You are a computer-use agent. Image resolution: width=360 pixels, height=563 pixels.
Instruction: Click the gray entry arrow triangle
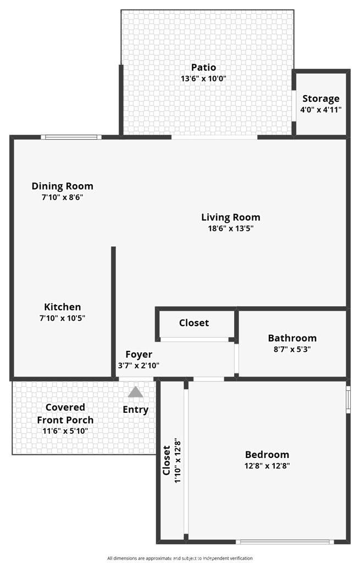(135, 391)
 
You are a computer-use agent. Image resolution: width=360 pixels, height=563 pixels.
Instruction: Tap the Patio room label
(203, 67)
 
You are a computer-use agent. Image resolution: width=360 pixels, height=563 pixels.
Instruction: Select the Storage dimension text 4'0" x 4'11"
(321, 109)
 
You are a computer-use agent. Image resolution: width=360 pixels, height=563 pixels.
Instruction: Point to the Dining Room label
(63, 186)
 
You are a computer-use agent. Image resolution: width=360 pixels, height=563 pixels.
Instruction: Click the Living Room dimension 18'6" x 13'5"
(231, 228)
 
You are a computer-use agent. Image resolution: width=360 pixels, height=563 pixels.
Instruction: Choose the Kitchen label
(63, 307)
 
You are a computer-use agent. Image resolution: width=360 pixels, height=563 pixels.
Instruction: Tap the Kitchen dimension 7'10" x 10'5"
(63, 318)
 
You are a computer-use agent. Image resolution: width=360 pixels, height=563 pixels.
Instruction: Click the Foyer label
(139, 355)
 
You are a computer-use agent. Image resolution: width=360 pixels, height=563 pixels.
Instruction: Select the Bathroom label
(292, 338)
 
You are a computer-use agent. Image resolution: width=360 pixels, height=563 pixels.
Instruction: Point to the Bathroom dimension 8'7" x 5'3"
(292, 349)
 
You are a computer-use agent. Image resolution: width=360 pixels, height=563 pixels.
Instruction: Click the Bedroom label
(267, 455)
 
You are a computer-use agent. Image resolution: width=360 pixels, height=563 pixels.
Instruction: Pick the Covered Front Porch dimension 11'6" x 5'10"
(65, 431)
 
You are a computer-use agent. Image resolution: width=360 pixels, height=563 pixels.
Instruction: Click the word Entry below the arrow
(136, 410)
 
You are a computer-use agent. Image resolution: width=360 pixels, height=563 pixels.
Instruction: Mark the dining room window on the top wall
(71, 137)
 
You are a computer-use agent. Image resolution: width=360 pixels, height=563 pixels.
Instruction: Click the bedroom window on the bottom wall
(285, 542)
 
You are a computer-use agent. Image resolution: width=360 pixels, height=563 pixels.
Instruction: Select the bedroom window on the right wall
(348, 399)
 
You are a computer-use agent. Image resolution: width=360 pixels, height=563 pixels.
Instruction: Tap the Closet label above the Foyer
(194, 323)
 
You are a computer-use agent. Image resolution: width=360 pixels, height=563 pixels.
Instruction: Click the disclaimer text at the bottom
(180, 558)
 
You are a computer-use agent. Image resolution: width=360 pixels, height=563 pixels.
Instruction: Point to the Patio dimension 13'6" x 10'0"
(203, 78)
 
